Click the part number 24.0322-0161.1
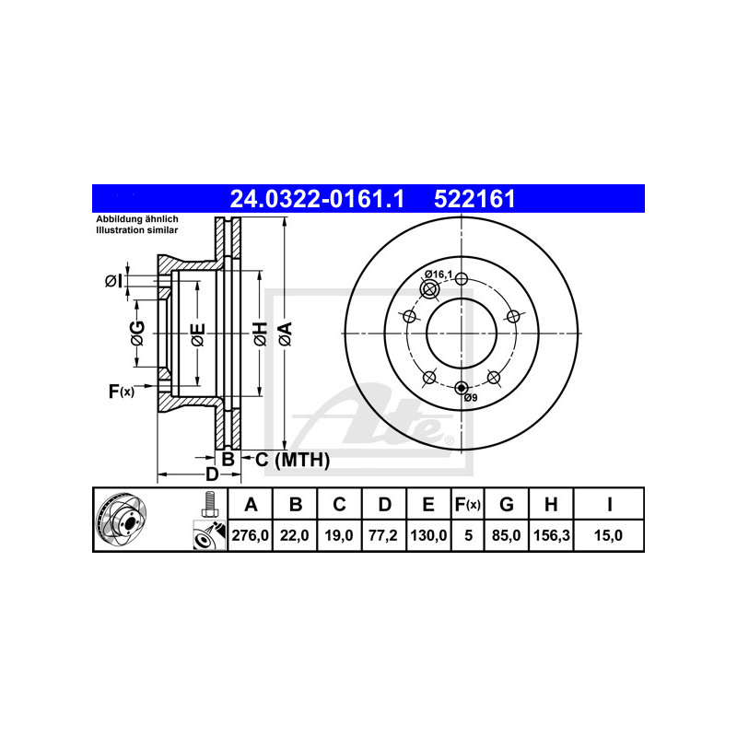pyautogui.click(x=317, y=199)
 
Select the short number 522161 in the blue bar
pyautogui.click(x=474, y=199)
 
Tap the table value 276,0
pyautogui.click(x=250, y=535)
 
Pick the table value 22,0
pyautogui.click(x=295, y=535)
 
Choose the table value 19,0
pyautogui.click(x=339, y=535)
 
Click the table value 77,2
pyautogui.click(x=383, y=535)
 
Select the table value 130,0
pyautogui.click(x=428, y=535)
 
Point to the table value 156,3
pyautogui.click(x=552, y=535)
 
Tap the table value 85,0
pyautogui.click(x=506, y=535)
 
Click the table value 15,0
pyautogui.click(x=608, y=535)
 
